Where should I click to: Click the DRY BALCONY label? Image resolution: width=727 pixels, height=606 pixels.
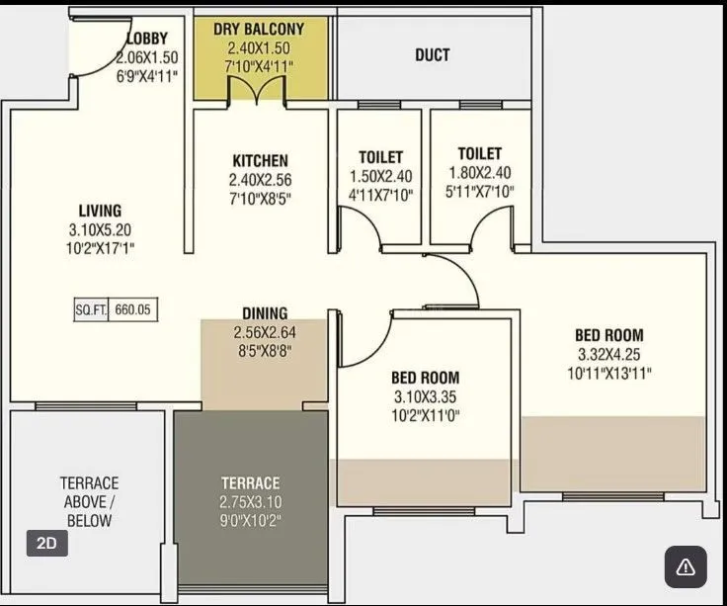coord(259,30)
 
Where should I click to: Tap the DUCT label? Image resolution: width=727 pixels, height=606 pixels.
coord(432,54)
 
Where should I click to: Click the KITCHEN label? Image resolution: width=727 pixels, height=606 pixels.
coord(260,160)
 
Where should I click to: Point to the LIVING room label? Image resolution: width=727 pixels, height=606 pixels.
coord(101,211)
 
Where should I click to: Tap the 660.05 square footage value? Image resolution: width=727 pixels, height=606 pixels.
coord(131,309)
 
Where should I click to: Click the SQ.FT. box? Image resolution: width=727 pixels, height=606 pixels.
coord(91,309)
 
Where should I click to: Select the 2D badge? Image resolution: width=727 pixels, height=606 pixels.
coord(46,543)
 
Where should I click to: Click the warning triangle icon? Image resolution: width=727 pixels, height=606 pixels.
coord(685,566)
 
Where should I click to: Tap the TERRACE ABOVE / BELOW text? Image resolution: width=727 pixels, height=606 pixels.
coord(89,501)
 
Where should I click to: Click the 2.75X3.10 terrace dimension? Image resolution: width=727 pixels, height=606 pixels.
coord(250,501)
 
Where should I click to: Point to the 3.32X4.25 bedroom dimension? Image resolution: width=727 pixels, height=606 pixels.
coord(608,354)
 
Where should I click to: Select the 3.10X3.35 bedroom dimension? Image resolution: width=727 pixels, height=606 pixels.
coord(425,396)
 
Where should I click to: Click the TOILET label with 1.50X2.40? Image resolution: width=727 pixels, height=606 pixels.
coord(380,157)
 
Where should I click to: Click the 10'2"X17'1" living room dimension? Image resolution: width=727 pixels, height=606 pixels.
coord(101,248)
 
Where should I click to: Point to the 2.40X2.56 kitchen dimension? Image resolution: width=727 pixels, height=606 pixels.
coord(260,179)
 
